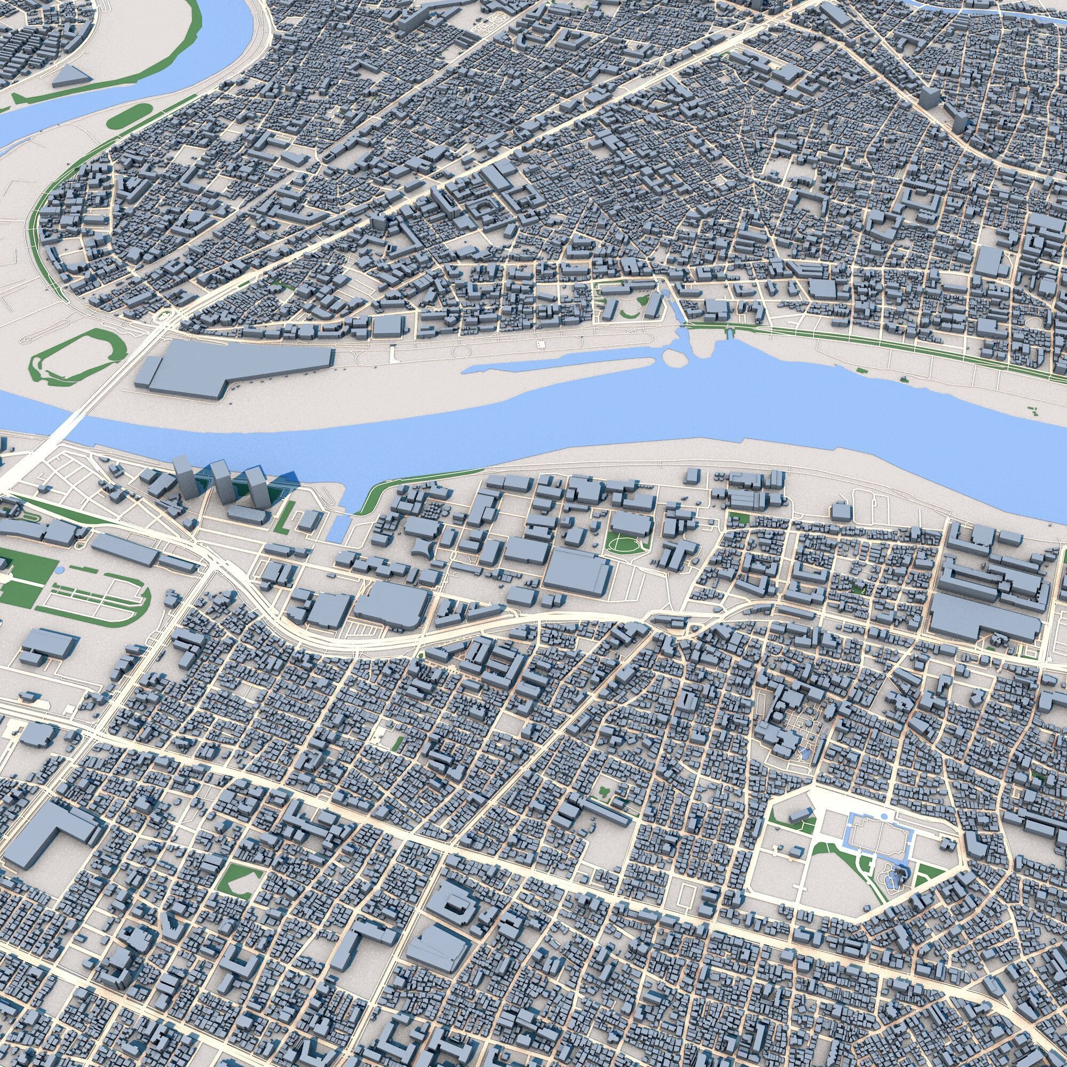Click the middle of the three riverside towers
pos(222,483)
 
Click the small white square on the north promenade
pos(540,344)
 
